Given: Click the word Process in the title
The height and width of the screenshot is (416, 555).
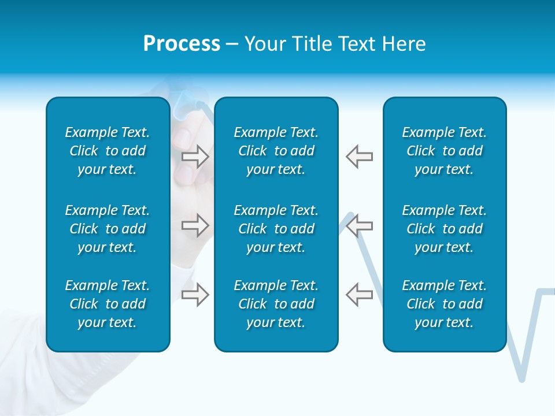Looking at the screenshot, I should (x=182, y=44).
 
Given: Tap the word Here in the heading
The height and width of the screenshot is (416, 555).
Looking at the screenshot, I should (x=402, y=44).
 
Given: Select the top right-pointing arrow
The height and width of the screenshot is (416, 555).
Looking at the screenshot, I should (x=195, y=157).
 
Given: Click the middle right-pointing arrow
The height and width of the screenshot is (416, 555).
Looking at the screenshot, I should (x=195, y=225).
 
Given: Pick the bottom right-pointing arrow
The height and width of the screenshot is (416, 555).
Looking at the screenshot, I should (x=195, y=294).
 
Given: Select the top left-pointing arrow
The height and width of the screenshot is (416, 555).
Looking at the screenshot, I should (x=359, y=157).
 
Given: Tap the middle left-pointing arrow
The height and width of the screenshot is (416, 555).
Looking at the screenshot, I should (x=359, y=225).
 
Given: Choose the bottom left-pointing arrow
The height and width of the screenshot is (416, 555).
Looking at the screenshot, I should (x=359, y=294).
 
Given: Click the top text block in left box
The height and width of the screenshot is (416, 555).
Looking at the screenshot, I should (x=108, y=151).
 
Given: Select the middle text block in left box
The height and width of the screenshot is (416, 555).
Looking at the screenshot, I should (x=108, y=229).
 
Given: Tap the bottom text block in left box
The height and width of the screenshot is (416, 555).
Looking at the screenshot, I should (x=108, y=304).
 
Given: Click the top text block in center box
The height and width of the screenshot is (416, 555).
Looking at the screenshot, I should (x=276, y=151).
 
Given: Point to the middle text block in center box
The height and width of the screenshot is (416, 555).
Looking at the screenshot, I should (x=276, y=229).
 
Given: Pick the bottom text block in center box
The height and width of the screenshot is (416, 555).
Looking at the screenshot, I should (x=276, y=304).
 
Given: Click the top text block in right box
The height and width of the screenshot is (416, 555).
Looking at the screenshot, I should (x=445, y=151).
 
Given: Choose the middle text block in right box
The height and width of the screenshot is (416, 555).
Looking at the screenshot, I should (x=445, y=229).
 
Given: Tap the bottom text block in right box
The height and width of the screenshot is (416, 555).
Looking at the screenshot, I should (x=445, y=304).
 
